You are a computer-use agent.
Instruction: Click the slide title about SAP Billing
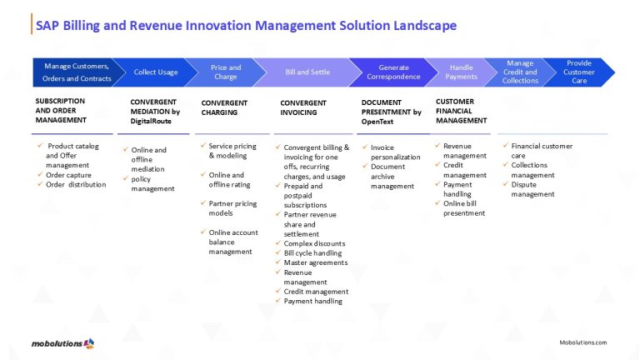[246, 25]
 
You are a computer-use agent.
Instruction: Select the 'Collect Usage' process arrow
[156, 72]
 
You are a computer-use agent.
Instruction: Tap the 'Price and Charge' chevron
[225, 72]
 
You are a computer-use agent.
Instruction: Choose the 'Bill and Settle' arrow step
[308, 72]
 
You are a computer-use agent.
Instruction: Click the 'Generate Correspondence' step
[393, 72]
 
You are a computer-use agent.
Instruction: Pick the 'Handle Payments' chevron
[461, 72]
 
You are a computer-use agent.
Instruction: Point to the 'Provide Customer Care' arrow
[579, 72]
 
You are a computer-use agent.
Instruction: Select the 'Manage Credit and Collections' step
[520, 72]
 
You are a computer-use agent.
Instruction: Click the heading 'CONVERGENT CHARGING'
[224, 107]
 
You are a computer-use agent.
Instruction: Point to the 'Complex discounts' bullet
[314, 243]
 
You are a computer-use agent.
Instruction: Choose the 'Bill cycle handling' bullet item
[312, 253]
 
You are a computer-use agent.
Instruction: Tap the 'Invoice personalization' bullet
[395, 152]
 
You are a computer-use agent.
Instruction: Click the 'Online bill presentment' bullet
[464, 208]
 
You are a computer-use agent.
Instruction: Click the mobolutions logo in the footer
[62, 342]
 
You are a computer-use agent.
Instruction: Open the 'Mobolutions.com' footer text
[582, 342]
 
